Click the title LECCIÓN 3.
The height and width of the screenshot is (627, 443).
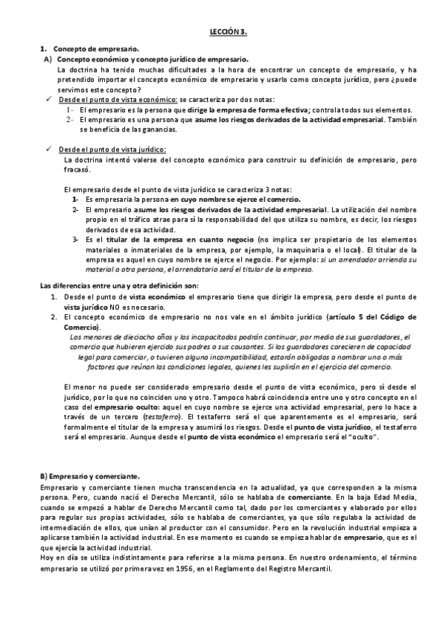[x=221, y=33]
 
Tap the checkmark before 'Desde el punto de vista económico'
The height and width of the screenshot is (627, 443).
[x=48, y=98]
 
